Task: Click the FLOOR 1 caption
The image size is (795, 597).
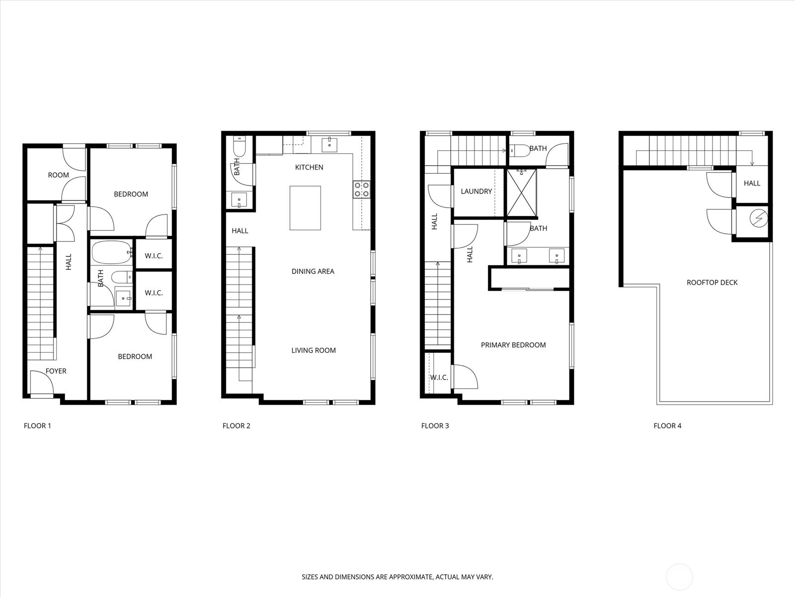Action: point(37,425)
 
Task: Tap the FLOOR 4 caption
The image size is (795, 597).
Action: point(667,425)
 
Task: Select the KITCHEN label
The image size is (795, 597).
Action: point(309,167)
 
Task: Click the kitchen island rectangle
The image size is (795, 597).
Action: point(305,207)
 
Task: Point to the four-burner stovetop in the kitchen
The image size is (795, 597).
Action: point(361,190)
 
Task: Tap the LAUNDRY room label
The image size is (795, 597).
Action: point(477,192)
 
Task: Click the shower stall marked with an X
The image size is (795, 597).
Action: point(521,193)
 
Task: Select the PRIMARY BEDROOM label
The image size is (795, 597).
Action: point(513,345)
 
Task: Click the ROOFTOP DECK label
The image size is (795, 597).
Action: point(712,283)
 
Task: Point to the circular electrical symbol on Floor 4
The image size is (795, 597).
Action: point(758,218)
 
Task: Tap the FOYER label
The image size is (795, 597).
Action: point(56,371)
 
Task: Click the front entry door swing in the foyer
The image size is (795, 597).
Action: point(42,383)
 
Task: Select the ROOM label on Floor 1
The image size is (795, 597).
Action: point(58,175)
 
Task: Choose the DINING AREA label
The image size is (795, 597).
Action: point(313,271)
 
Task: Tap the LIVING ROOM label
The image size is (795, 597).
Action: point(314,350)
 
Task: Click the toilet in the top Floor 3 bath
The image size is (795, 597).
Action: point(519,150)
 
